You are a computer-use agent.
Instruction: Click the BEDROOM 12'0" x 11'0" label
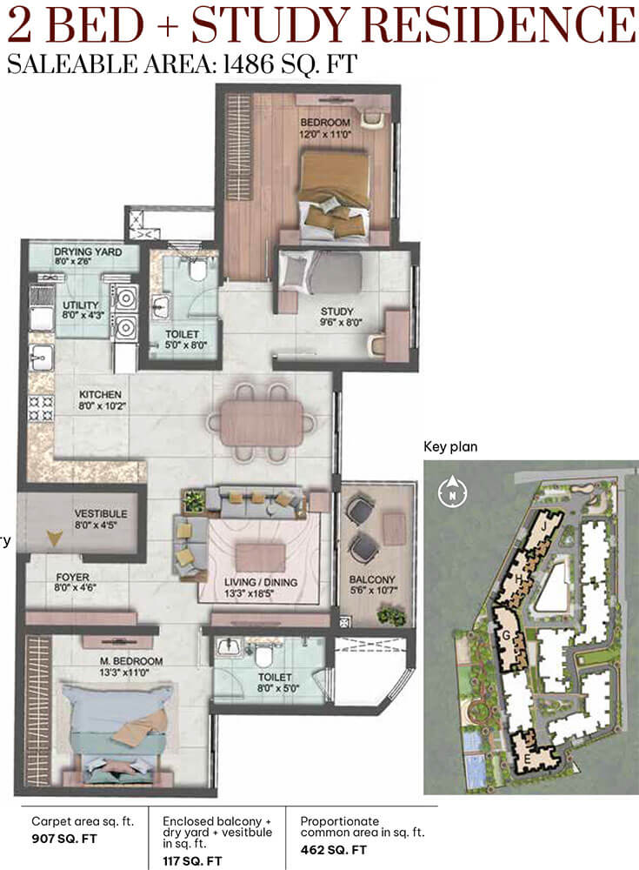tap(326, 128)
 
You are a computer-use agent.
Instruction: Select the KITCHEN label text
tap(102, 399)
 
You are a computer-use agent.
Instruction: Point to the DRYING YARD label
tap(88, 256)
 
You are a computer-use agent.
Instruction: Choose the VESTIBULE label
tap(101, 519)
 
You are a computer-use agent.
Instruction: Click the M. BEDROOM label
tap(131, 666)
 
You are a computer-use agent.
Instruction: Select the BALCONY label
tap(372, 585)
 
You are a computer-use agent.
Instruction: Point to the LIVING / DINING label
tap(261, 587)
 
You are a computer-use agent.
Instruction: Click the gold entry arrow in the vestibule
tap(54, 538)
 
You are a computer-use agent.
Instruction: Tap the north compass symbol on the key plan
tap(453, 492)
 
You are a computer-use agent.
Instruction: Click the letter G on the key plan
tap(505, 636)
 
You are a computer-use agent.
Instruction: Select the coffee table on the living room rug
tap(260, 558)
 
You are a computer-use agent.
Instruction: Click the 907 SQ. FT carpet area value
tap(64, 839)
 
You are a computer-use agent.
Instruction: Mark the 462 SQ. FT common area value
tap(333, 849)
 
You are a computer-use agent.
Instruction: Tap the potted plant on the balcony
tap(391, 615)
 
